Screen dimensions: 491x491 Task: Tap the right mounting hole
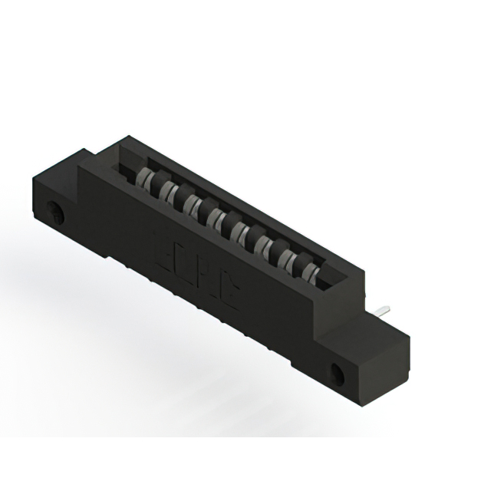point(338,374)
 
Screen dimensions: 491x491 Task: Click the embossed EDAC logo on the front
point(193,265)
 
